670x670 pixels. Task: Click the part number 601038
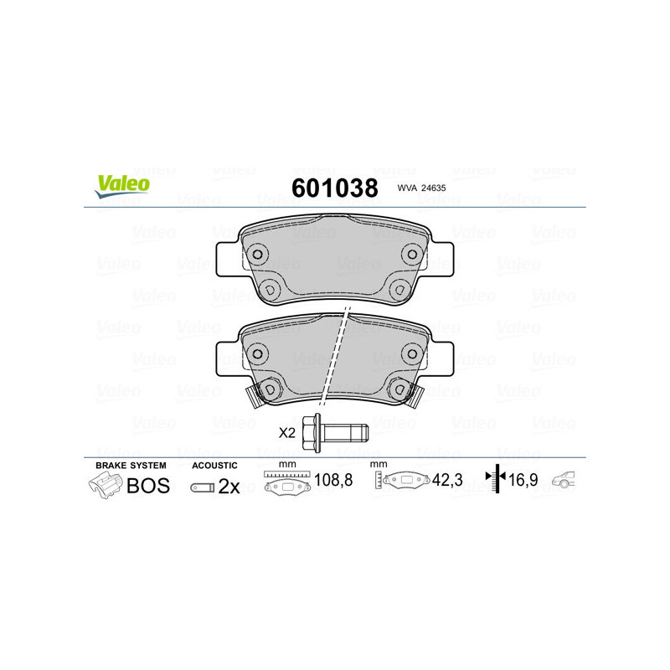[x=333, y=188]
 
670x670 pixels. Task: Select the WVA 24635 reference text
[x=421, y=189]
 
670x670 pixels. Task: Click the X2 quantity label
[x=287, y=433]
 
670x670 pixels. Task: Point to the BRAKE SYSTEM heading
[x=131, y=465]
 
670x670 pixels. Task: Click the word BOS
[x=147, y=486]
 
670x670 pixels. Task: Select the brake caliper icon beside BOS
[x=104, y=485]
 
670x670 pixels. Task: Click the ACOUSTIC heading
[x=214, y=465]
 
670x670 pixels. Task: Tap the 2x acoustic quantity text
[x=229, y=487]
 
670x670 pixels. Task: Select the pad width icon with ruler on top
[x=286, y=482]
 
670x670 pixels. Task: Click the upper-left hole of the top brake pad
[x=258, y=255]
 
